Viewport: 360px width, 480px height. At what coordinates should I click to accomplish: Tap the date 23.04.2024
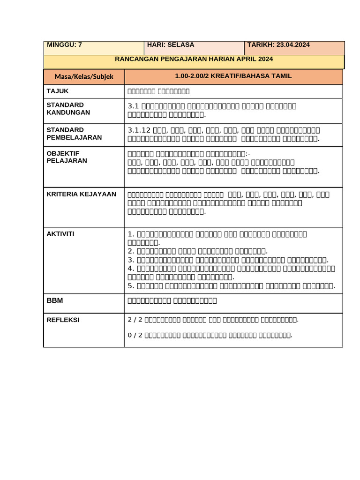tap(293, 45)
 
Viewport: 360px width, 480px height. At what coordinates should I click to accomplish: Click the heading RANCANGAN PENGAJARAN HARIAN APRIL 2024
tap(194, 59)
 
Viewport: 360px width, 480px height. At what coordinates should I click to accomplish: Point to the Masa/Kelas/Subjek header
tap(84, 76)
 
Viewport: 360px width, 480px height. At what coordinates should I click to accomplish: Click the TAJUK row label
tap(58, 91)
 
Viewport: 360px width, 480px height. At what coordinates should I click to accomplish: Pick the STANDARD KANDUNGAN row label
tap(68, 109)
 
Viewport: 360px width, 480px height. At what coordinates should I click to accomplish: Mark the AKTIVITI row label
tap(60, 233)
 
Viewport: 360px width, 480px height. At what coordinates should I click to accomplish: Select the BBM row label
tap(55, 300)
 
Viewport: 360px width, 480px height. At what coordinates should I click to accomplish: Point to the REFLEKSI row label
tap(63, 320)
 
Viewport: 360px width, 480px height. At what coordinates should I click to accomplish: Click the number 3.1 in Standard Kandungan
tap(133, 106)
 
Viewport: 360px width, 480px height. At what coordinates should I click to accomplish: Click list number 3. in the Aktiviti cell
tap(131, 260)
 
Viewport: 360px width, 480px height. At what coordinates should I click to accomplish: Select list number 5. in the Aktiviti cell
tap(131, 285)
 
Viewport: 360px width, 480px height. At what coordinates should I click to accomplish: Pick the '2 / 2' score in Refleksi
tap(135, 320)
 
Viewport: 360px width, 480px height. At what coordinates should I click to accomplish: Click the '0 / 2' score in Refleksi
tap(135, 335)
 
